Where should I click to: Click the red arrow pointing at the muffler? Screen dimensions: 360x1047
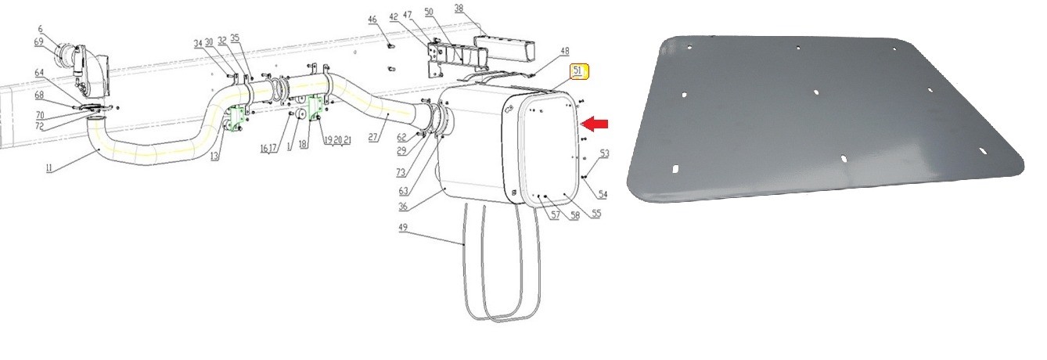[597, 123]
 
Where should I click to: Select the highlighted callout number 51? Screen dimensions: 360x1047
[579, 72]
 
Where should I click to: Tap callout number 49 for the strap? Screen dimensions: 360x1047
[403, 228]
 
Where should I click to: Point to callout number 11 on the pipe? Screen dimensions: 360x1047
[49, 169]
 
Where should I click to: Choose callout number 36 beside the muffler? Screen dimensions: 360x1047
[403, 207]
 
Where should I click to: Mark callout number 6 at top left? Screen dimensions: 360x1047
[41, 30]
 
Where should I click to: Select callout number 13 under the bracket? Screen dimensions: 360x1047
[214, 157]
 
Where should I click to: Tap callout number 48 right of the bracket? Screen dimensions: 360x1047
[564, 52]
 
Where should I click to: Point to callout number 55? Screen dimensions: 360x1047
[595, 214]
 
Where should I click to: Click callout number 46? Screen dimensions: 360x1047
[372, 19]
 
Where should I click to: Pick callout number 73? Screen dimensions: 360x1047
[401, 171]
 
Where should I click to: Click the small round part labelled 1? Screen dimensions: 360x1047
[298, 103]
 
